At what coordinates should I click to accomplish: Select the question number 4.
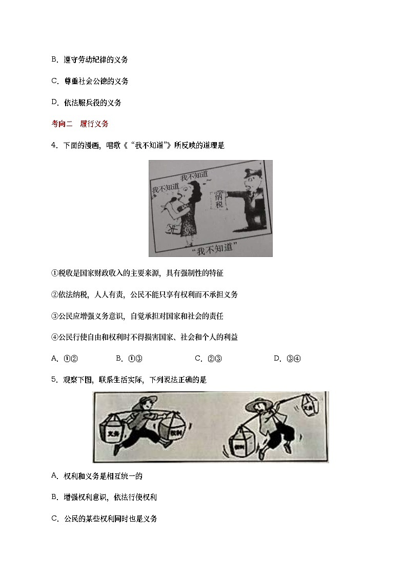pyautogui.click(x=53, y=145)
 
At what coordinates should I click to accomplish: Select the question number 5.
pyautogui.click(x=53, y=380)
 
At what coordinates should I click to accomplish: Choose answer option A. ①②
pyautogui.click(x=64, y=359)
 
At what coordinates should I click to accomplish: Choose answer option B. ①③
pyautogui.click(x=129, y=359)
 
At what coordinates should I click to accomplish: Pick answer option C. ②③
pyautogui.click(x=208, y=359)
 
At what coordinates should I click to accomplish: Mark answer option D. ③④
pyautogui.click(x=287, y=359)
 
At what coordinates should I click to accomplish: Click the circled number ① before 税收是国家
pyautogui.click(x=54, y=273)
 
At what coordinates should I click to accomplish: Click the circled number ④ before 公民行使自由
pyautogui.click(x=54, y=337)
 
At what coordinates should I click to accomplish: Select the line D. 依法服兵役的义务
pyautogui.click(x=86, y=103)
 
